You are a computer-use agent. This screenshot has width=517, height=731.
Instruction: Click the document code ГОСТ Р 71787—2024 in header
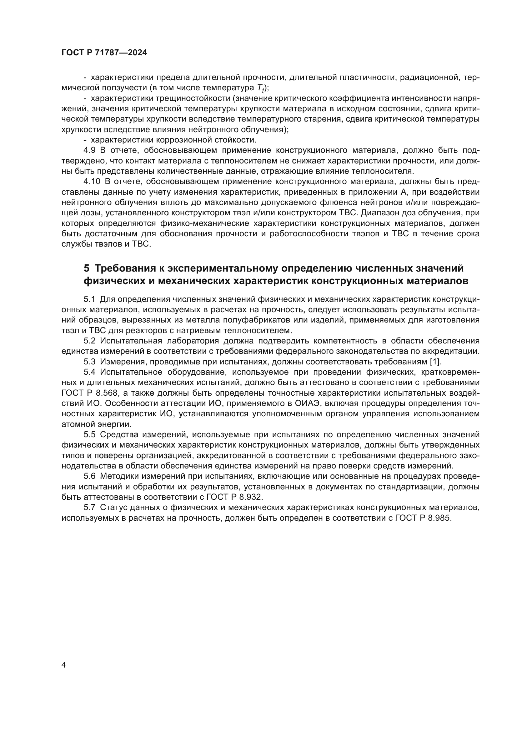tap(104, 53)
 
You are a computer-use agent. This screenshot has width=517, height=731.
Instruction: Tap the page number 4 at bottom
tap(63, 665)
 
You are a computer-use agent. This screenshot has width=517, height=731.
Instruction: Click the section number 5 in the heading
tap(87, 268)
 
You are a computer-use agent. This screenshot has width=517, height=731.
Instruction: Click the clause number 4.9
tap(89, 150)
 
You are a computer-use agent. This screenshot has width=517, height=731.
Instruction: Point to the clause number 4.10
tap(92, 182)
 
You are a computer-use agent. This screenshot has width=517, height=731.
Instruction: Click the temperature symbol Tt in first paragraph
tap(260, 88)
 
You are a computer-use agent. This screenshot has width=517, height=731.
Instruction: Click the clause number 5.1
tap(89, 299)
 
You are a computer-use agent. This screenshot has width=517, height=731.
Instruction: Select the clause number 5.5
tap(89, 435)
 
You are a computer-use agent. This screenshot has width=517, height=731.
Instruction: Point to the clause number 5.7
tap(89, 508)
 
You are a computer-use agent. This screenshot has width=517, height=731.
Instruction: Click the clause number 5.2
tap(89, 341)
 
